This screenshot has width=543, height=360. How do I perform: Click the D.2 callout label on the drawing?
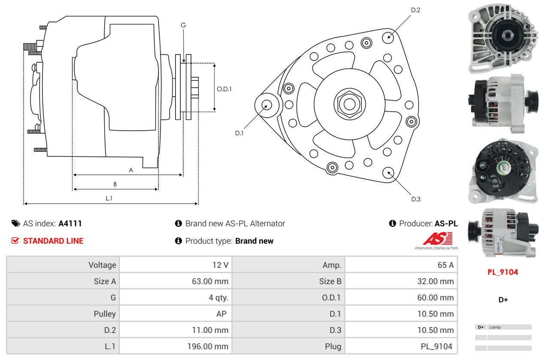pyautogui.click(x=415, y=10)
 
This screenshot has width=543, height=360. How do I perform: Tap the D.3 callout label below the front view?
pyautogui.click(x=416, y=199)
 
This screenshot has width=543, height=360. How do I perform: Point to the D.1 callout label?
pyautogui.click(x=239, y=133)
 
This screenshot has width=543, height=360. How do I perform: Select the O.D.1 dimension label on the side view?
pyautogui.click(x=224, y=89)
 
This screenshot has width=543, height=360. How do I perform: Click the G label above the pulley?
pyautogui.click(x=183, y=25)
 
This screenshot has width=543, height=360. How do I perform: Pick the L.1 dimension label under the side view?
pyautogui.click(x=109, y=198)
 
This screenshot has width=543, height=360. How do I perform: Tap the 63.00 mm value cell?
pyautogui.click(x=210, y=281)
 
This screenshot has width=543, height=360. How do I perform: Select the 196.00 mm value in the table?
pyautogui.click(x=208, y=346)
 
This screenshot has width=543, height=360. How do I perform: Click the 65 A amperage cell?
pyautogui.click(x=445, y=265)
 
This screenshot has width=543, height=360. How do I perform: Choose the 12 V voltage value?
pyautogui.click(x=220, y=265)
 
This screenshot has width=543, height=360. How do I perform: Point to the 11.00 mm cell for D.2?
pyautogui.click(x=210, y=330)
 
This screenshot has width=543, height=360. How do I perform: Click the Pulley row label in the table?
pyautogui.click(x=105, y=314)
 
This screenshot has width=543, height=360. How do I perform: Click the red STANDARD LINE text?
pyautogui.click(x=53, y=241)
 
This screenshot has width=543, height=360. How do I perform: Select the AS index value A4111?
pyautogui.click(x=70, y=223)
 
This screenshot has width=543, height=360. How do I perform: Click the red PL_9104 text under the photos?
pyautogui.click(x=503, y=272)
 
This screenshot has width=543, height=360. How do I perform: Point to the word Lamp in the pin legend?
pyautogui.click(x=495, y=327)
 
